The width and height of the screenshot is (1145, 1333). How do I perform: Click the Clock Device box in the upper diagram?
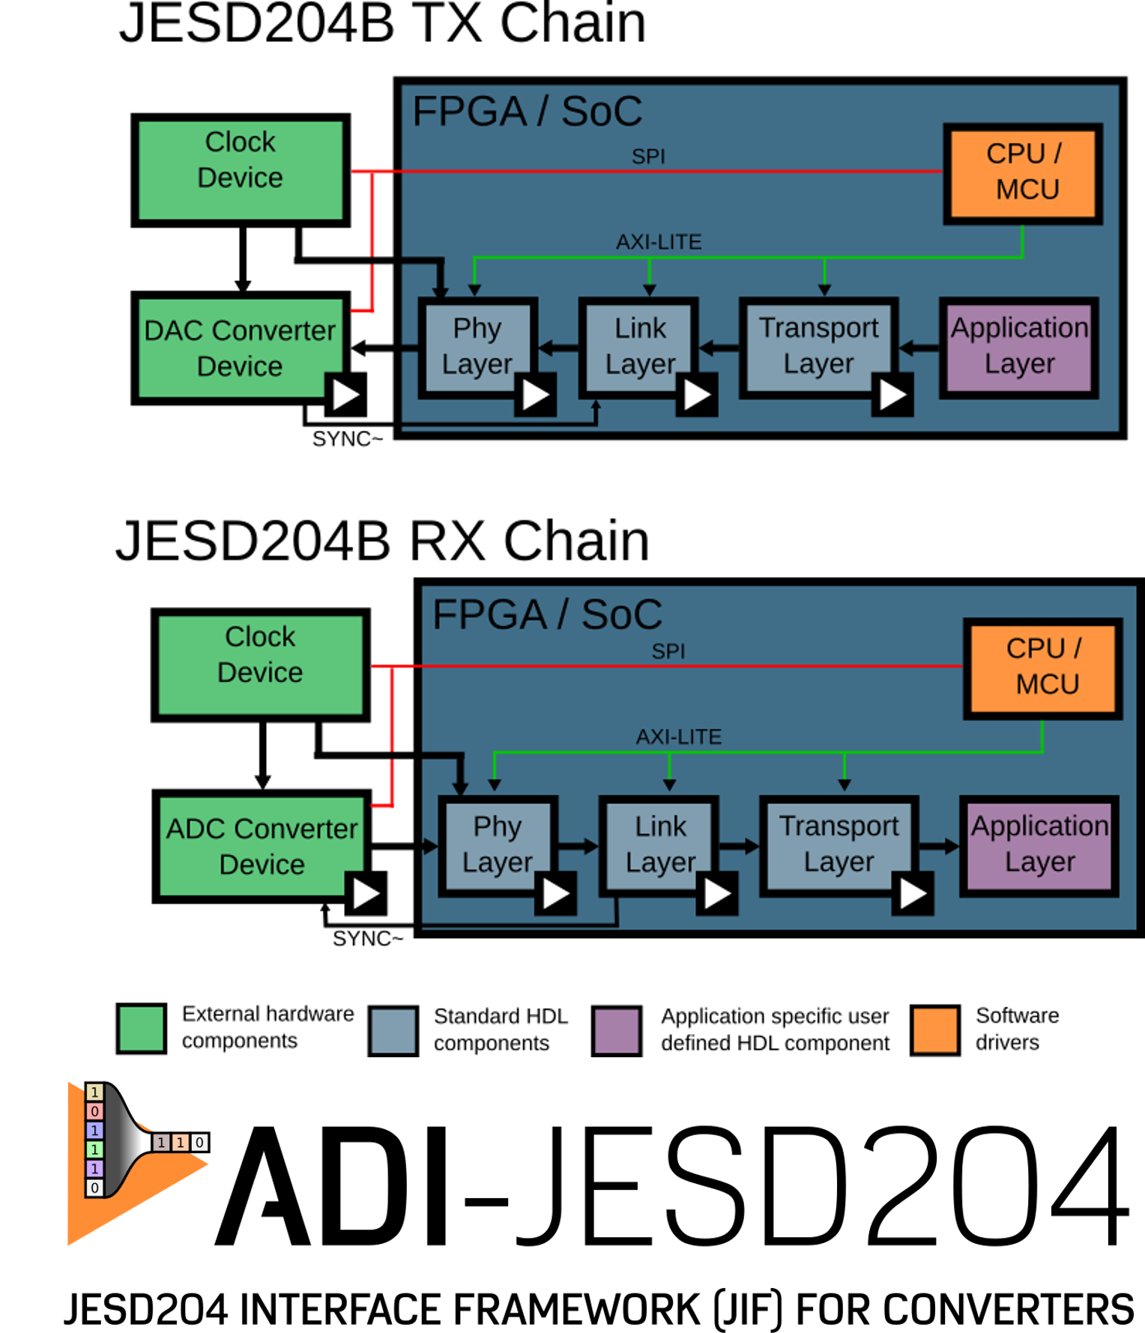[241, 170]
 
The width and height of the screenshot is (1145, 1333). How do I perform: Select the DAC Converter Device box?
[240, 348]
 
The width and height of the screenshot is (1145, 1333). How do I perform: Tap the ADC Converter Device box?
[262, 846]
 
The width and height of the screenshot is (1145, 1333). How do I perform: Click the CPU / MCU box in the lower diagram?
[1042, 667]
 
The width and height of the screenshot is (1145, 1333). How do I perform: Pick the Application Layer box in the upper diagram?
[1019, 347]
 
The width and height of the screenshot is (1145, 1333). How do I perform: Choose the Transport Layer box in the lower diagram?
[839, 845]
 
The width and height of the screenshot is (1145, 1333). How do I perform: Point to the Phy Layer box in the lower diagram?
[498, 845]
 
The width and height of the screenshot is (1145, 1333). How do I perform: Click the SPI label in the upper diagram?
[648, 157]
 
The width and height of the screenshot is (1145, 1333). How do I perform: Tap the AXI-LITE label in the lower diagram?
[679, 737]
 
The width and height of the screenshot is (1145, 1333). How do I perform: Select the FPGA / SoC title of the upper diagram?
[527, 112]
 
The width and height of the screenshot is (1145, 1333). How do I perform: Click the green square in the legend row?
[142, 1029]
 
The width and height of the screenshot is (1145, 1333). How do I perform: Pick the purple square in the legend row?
[617, 1031]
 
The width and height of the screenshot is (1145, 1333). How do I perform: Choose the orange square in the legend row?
[934, 1030]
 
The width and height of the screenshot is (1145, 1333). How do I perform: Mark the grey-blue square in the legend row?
[393, 1031]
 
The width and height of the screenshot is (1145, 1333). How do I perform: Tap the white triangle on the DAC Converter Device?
[345, 394]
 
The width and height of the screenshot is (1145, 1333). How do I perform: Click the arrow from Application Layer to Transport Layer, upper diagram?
[919, 348]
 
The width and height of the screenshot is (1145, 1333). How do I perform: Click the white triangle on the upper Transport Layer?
[892, 395]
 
